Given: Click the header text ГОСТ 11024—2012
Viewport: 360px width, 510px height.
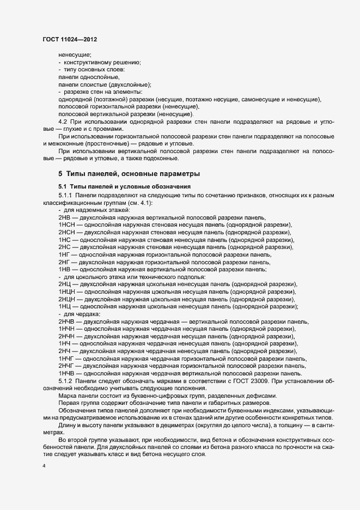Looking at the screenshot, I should (70, 39).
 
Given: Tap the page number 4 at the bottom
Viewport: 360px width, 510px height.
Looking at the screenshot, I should (44, 467).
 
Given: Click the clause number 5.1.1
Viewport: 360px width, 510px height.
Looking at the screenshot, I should (66, 195).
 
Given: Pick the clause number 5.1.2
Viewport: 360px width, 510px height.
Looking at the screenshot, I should (66, 380).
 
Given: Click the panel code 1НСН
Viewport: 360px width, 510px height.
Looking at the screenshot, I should (67, 224).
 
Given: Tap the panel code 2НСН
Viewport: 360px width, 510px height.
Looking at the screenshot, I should (67, 232).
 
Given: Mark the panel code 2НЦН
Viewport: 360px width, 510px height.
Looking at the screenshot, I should (67, 299).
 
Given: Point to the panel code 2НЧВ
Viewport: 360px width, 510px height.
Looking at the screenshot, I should (67, 321).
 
